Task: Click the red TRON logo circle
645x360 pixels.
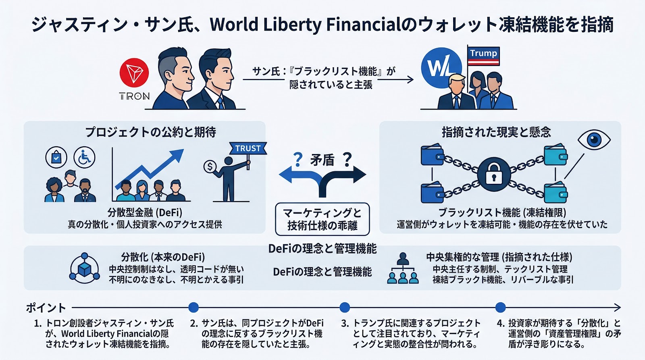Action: click(134, 73)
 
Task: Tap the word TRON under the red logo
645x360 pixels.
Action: click(134, 96)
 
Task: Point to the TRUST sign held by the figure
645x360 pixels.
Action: click(248, 148)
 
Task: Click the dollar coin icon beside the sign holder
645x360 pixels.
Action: click(210, 166)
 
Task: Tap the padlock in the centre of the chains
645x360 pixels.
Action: click(494, 175)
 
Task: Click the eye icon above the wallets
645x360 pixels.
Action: click(594, 139)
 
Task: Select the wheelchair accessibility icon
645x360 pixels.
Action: click(85, 157)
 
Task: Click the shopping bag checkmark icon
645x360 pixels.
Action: click(56, 157)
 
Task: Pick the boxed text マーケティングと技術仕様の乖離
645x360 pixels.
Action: click(322, 219)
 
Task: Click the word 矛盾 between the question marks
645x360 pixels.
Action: click(322, 160)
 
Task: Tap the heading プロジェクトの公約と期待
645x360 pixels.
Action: click(150, 132)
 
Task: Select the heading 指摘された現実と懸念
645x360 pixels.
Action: click(496, 132)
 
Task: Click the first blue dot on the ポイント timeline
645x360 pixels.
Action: click(193, 308)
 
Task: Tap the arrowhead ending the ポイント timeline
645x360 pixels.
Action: click(617, 308)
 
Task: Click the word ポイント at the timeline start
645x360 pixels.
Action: click(46, 308)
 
